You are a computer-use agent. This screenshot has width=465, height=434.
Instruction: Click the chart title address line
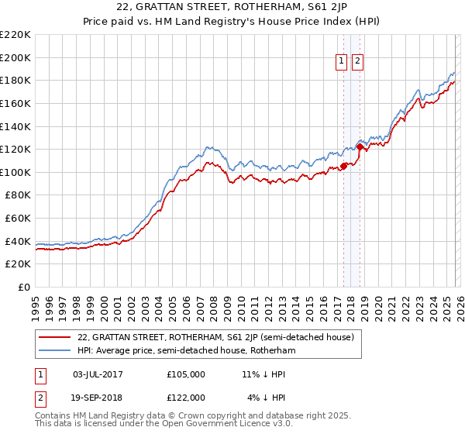coord(232,7)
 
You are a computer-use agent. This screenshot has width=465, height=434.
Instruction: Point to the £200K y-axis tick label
coord(15,57)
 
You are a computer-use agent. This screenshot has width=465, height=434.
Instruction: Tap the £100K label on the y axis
coord(15,172)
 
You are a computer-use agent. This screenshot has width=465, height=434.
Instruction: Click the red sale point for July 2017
coord(343,167)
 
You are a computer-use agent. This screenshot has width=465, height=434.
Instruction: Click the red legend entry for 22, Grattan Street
coord(215,337)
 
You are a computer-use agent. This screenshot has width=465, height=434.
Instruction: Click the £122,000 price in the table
coord(186,397)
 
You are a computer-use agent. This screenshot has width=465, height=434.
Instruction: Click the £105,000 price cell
coord(186,374)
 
